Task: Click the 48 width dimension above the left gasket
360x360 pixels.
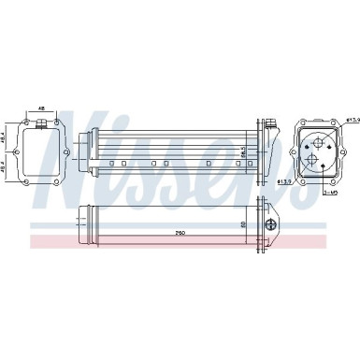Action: coord(41,109)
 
